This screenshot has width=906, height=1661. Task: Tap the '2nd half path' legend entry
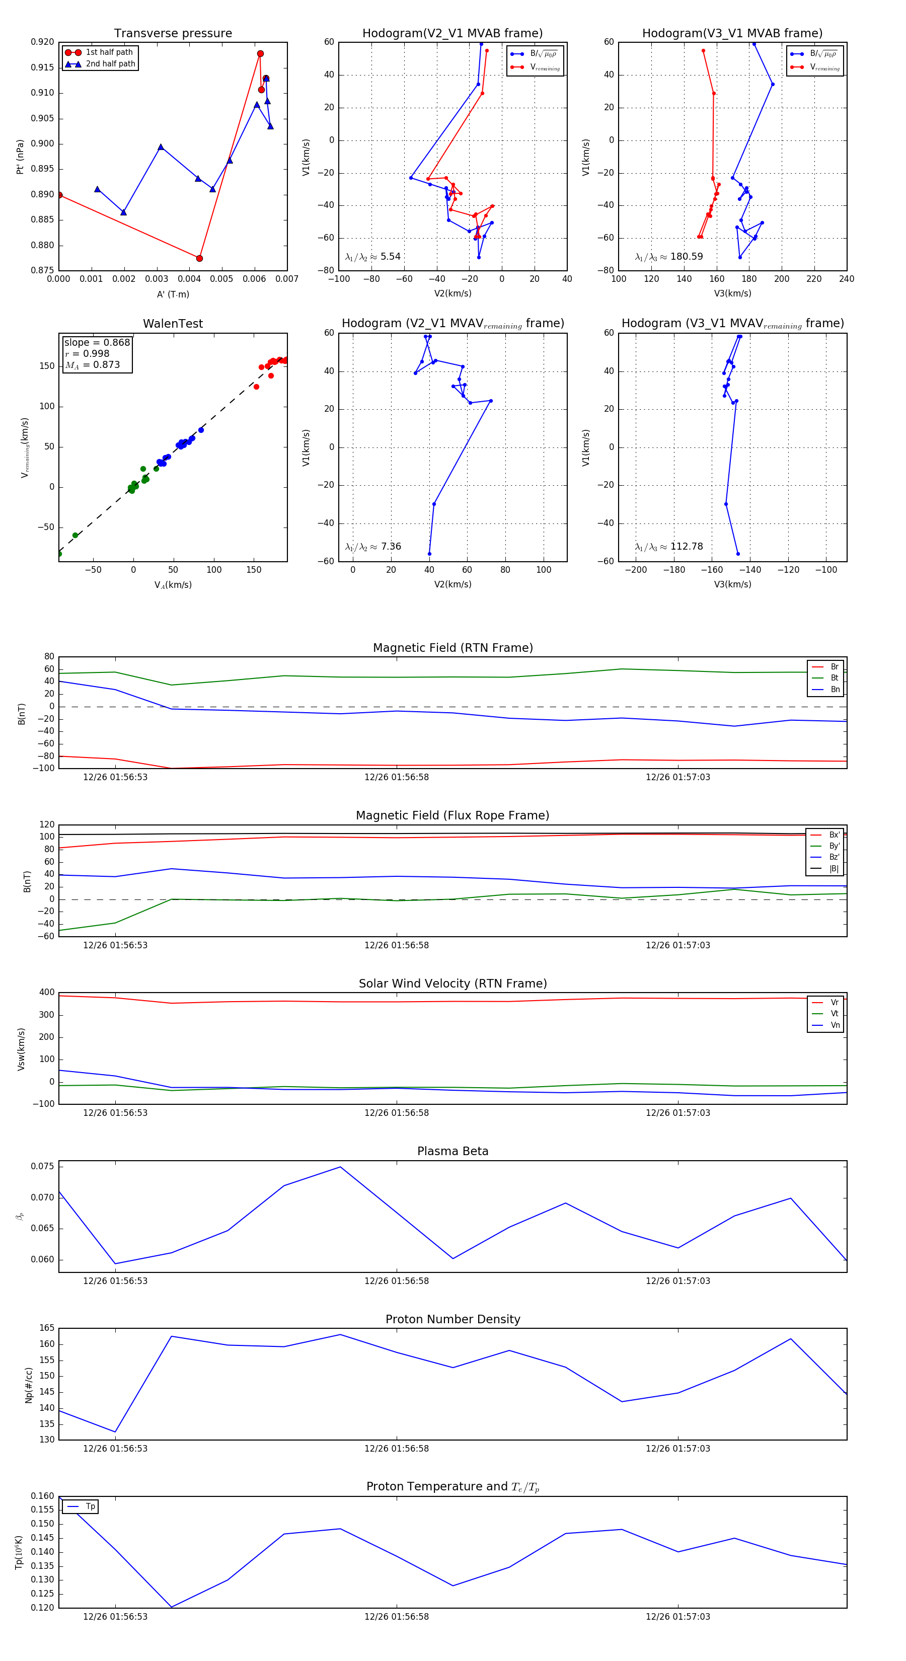(110, 64)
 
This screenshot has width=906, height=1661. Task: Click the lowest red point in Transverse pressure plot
(199, 259)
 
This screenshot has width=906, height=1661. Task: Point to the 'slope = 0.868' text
(97, 342)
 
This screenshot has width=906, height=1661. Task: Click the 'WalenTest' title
(173, 324)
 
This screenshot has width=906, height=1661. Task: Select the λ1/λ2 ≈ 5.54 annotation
(372, 257)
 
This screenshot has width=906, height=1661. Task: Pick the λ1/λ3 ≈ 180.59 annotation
(669, 257)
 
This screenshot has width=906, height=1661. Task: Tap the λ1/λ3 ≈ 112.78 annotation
(669, 547)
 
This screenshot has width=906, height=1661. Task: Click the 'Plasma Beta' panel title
(452, 1151)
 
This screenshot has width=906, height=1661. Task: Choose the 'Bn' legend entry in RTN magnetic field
(835, 689)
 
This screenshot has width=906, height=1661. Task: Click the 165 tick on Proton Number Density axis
(47, 1328)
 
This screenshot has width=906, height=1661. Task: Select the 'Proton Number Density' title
(452, 1319)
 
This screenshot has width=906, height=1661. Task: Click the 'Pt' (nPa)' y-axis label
(20, 157)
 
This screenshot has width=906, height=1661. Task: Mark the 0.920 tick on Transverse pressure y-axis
(43, 42)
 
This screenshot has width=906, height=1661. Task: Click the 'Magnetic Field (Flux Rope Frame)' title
(452, 816)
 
